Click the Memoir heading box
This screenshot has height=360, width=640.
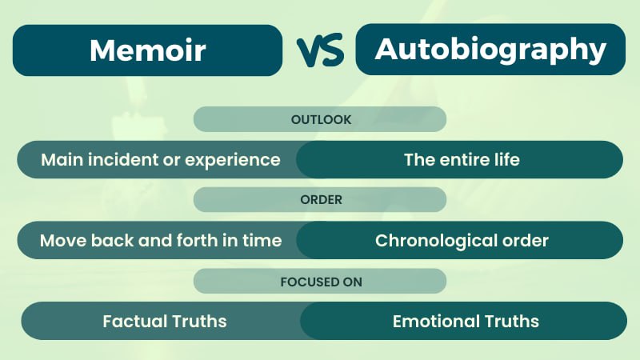point(147,50)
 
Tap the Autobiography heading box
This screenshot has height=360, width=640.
point(490,49)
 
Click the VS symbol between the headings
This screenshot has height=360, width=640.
point(319,51)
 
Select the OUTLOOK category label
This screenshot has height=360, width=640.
point(320,119)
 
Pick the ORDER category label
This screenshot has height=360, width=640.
point(320,200)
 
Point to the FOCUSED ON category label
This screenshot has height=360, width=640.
point(320,281)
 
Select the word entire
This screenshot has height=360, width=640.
point(467,159)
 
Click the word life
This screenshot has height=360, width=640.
point(506,159)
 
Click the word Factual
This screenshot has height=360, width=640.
point(134,322)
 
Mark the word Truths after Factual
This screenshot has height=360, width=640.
point(198,322)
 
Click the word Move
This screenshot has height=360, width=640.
point(61,240)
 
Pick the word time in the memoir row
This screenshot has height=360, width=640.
point(265,240)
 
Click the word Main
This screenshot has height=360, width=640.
point(61,159)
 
